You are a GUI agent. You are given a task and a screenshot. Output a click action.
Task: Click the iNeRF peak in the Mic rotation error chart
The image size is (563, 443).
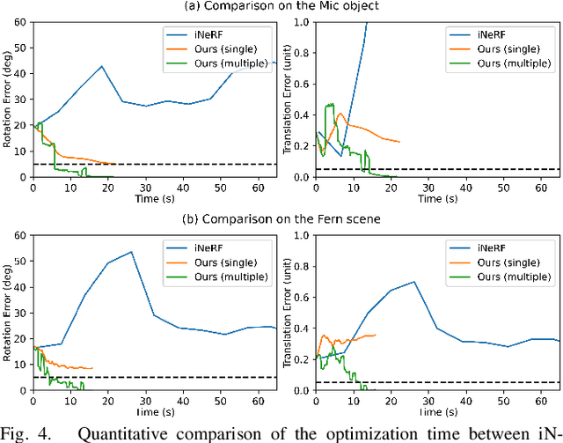click(102, 66)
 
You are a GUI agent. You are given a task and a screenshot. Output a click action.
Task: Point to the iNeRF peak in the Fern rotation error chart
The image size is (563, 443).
click(130, 252)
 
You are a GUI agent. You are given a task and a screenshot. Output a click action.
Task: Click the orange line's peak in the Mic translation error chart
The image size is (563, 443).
click(338, 112)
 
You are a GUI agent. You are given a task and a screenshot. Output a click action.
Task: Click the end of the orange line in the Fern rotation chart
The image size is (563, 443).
click(91, 368)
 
